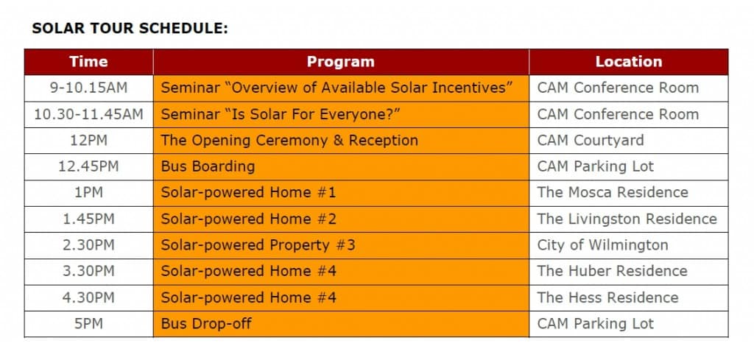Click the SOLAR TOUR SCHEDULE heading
coord(130,29)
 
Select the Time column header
coord(88,62)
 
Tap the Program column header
coord(340,62)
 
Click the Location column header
coord(628,62)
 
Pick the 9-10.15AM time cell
coord(88,88)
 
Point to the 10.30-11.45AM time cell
coord(88,114)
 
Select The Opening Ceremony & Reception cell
coord(289,141)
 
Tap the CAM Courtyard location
coord(590,141)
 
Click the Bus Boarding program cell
coord(208,166)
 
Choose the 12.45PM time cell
coord(88,166)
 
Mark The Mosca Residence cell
coord(613,193)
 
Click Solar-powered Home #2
coord(248,219)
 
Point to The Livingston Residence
coord(627,219)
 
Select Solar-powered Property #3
coord(258,245)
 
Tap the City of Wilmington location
coord(602,245)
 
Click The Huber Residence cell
coord(612,271)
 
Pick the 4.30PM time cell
coord(88,297)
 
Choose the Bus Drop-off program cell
coord(206,324)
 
